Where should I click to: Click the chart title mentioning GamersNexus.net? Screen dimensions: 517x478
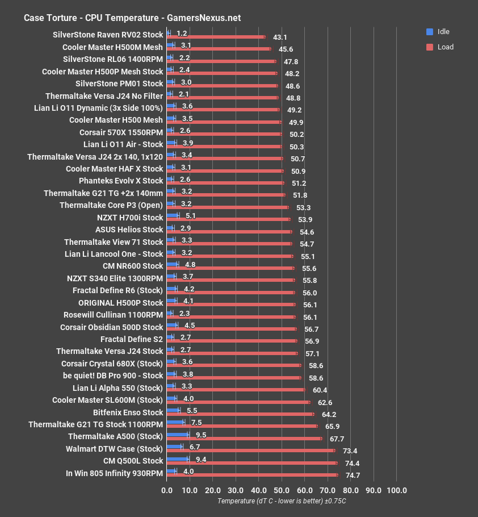click(132, 18)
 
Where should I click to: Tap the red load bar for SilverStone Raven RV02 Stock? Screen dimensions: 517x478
click(216, 37)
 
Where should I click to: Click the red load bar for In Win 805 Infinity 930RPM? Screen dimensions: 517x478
click(252, 475)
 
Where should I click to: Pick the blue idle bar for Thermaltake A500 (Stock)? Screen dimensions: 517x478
click(178, 435)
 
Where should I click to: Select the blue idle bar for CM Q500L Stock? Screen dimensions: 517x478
click(178, 459)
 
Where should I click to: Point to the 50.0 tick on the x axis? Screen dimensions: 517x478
click(282, 490)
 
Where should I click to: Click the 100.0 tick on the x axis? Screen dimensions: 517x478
click(396, 490)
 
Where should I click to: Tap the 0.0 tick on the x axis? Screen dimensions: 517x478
click(167, 490)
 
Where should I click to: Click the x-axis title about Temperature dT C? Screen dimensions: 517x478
click(282, 501)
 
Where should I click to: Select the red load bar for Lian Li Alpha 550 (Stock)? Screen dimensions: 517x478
click(236, 390)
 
